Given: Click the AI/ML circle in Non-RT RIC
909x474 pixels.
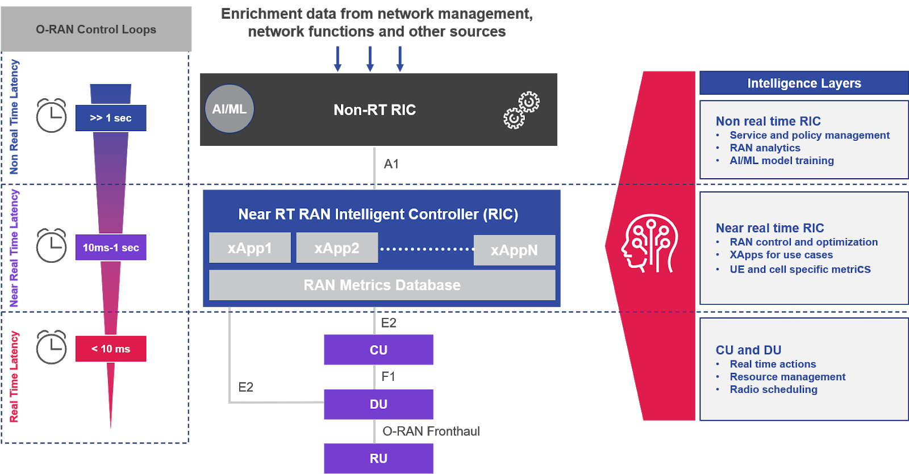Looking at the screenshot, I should click(x=230, y=109).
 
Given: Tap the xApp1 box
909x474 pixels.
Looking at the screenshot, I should click(x=250, y=248).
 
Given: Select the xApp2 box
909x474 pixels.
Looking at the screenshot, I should click(x=337, y=248).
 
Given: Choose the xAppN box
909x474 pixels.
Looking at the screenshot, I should click(x=514, y=250).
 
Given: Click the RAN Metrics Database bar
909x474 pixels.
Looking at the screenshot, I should click(x=382, y=285).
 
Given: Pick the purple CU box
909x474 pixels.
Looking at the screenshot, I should click(x=378, y=350).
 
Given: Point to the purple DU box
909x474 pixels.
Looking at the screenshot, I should click(x=378, y=404).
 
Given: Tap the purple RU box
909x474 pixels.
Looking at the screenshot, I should click(x=378, y=458).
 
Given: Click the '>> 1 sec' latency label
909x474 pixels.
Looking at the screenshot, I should click(x=111, y=118).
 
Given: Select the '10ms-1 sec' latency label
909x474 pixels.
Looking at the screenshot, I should click(x=111, y=248).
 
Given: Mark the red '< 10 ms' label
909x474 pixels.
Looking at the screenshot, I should click(x=111, y=349).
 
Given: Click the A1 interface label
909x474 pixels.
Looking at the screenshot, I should click(x=391, y=164).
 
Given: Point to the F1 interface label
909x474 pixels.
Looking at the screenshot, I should click(x=389, y=376).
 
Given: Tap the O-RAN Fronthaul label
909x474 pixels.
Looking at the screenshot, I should click(x=431, y=431).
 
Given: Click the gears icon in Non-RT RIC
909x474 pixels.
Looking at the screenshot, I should click(x=522, y=110).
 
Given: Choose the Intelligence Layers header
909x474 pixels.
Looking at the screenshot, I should click(x=804, y=83).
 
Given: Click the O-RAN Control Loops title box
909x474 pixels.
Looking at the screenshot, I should click(x=96, y=29).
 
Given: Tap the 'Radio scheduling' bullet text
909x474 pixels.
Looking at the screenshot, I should click(x=773, y=389).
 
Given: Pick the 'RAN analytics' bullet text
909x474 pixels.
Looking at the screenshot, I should click(x=765, y=148).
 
